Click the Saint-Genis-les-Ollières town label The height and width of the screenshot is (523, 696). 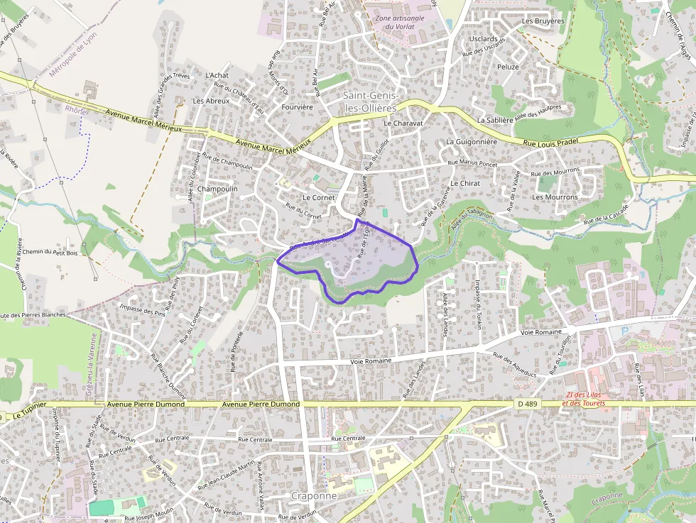click(x=370, y=101)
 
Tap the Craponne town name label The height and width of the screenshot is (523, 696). click(x=314, y=495)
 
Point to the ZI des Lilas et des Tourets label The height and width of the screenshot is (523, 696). click(x=589, y=400)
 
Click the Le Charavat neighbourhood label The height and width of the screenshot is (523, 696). click(x=403, y=123)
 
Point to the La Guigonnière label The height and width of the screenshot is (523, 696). click(x=472, y=142)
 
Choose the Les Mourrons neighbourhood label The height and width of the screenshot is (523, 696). click(x=555, y=197)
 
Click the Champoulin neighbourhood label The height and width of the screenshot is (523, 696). click(x=217, y=189)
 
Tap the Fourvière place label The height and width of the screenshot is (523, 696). click(x=297, y=107)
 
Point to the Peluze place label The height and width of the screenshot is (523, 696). click(x=508, y=67)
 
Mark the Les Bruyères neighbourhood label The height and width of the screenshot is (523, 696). click(x=543, y=21)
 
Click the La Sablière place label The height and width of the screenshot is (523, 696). click(x=495, y=121)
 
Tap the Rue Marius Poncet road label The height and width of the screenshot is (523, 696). click(x=472, y=163)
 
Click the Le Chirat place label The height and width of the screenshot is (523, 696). click(x=465, y=183)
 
